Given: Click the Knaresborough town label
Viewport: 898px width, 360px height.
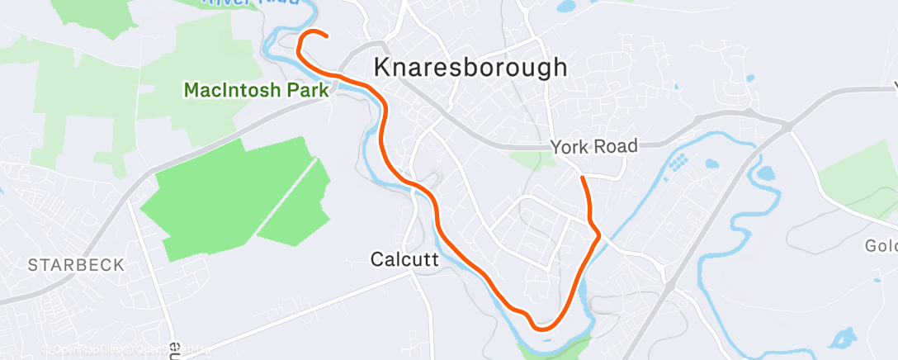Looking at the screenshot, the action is pyautogui.click(x=470, y=67).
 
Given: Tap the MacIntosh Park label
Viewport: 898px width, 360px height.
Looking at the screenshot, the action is pyautogui.click(x=258, y=90).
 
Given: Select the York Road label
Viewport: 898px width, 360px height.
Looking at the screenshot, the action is pyautogui.click(x=594, y=146).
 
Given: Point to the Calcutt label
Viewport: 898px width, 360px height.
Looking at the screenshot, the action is pyautogui.click(x=404, y=259).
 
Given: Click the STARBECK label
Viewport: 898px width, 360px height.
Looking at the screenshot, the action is pyautogui.click(x=75, y=265).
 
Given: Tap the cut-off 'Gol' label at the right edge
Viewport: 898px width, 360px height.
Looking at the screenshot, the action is pyautogui.click(x=880, y=246).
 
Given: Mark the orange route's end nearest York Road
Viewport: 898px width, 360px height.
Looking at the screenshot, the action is pyautogui.click(x=583, y=178).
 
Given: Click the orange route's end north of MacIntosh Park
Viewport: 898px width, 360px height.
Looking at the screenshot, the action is pyautogui.click(x=328, y=36).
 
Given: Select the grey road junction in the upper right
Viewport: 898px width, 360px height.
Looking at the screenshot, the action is pyautogui.click(x=787, y=125).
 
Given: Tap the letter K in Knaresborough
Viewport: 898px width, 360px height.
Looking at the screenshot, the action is pyautogui.click(x=383, y=68).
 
